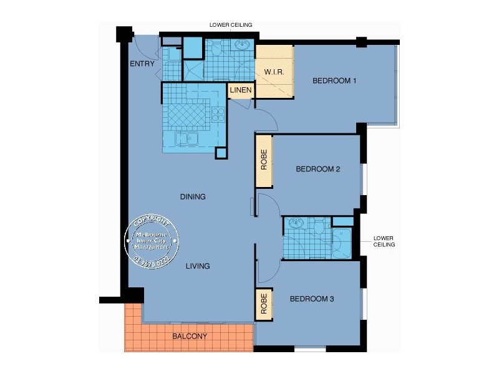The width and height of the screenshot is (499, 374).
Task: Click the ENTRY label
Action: click(142, 64)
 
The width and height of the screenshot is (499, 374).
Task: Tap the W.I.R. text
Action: click(274, 72)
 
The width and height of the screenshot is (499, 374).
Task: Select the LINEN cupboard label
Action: click(241, 91)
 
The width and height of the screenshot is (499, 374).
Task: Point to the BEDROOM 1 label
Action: click(334, 80)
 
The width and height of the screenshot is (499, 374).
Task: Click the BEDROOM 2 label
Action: click(317, 169)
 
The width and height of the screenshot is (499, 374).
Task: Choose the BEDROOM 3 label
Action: click(312, 299)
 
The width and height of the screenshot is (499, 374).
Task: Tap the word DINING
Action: click(193, 197)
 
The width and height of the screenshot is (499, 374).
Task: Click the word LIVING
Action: click(198, 266)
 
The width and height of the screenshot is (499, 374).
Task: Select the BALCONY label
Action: click(190, 337)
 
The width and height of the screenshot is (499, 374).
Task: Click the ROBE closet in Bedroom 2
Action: click(264, 160)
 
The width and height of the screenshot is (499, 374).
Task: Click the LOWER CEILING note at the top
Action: click(231, 26)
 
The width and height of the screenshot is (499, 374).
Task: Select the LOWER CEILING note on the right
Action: click(384, 241)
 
